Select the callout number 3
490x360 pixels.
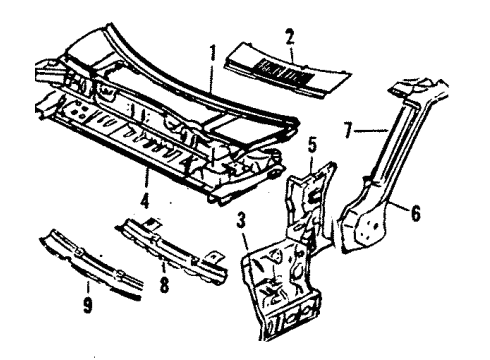[241, 221]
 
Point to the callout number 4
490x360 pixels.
[144, 200]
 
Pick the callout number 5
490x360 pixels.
[312, 145]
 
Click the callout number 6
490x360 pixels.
[415, 213]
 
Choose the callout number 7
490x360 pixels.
[348, 130]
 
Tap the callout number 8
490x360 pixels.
[164, 285]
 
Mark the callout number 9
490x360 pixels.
[87, 305]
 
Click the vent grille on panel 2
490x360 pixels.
[284, 70]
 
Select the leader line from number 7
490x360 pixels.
[372, 131]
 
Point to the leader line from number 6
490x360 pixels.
[399, 204]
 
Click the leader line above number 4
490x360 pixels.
[145, 179]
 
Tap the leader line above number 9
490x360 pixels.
[88, 288]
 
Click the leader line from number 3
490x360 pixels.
[246, 241]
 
